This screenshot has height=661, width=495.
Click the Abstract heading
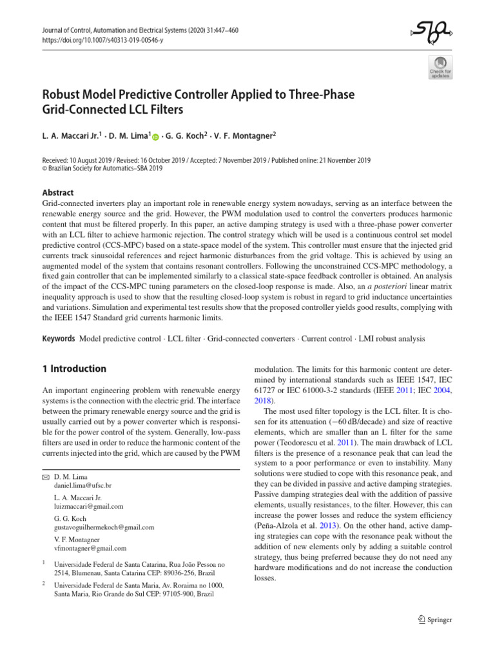click(57, 192)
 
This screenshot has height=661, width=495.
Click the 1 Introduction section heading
click(69, 369)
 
